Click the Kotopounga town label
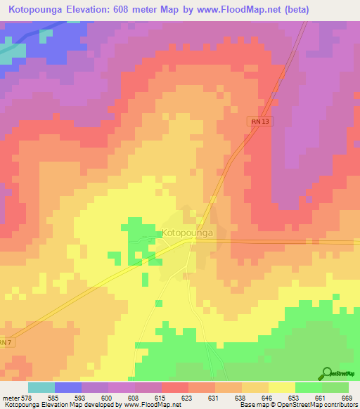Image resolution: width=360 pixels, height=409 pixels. (188, 233)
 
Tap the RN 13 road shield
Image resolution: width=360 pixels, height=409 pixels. (259, 122)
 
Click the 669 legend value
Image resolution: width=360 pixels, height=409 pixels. (345, 397)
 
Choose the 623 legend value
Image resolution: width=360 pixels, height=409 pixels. (186, 397)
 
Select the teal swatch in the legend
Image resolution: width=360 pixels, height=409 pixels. (41, 387)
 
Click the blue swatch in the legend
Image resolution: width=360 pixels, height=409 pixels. (68, 387)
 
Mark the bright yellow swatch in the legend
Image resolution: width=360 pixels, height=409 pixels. (281, 387)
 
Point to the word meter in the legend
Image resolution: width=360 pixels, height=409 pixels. (9, 397)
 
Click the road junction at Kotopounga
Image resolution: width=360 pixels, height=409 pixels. (192, 240)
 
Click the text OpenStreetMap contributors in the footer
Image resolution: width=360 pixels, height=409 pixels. (317, 405)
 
